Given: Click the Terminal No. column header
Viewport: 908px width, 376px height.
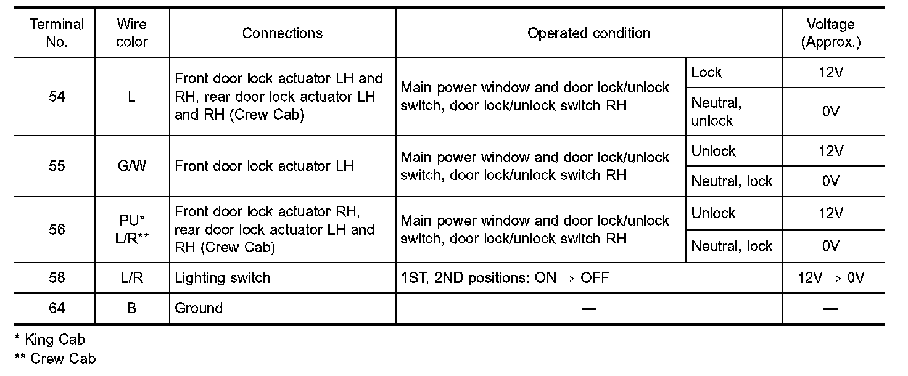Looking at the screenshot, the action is coord(56,33).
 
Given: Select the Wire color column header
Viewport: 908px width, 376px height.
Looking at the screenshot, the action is coord(132,33).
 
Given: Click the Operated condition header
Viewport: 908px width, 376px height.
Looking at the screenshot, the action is coord(588,33).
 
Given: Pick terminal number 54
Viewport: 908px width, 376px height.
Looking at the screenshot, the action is coord(56,97).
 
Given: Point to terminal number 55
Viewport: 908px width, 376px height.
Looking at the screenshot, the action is coord(56,166).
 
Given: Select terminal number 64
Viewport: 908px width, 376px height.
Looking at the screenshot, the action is coord(56,308).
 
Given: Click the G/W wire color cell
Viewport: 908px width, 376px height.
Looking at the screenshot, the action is coord(132,166).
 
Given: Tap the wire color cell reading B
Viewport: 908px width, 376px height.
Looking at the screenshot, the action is coord(132,308).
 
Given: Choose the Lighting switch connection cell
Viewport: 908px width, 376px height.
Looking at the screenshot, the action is coord(223,278).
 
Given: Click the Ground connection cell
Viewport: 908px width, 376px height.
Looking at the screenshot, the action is coord(199,308).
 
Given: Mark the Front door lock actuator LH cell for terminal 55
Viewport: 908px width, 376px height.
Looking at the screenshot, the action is coord(264,166).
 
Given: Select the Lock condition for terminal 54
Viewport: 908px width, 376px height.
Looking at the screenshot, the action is coord(706,73).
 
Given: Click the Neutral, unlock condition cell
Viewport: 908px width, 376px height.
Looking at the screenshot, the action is coord(716,112).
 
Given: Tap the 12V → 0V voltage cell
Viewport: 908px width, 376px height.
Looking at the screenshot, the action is coord(831,278).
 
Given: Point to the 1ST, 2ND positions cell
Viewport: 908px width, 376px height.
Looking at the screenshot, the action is coord(505,278).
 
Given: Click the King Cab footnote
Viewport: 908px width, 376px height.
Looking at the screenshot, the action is coord(50,339).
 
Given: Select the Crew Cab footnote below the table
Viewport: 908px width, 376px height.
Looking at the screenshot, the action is coord(55,358).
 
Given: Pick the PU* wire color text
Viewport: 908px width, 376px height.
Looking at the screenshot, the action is coord(132,220).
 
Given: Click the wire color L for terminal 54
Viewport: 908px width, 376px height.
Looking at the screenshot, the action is coord(132,97).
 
